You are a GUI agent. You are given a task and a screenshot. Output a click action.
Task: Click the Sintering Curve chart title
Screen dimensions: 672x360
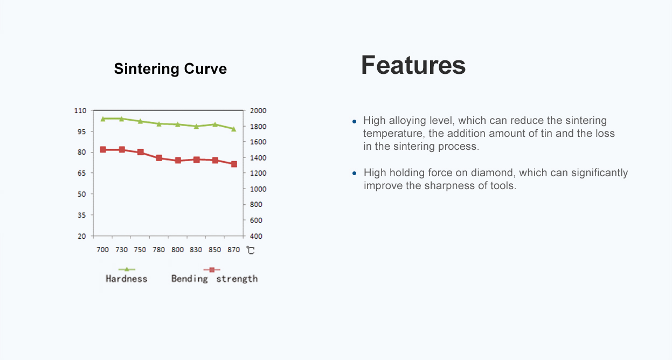(170, 69)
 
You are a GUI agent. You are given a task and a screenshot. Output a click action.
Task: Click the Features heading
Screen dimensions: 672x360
(413, 65)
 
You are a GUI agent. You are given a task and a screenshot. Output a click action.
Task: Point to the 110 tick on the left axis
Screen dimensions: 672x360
(80, 110)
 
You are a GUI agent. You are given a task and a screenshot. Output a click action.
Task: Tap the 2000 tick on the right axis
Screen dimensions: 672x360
(258, 110)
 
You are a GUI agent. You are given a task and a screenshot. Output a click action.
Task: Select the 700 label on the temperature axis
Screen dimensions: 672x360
(102, 250)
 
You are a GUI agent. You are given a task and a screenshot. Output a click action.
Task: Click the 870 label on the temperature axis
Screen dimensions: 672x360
(234, 250)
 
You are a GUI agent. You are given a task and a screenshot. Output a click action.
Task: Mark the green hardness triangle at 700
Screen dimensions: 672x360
(103, 119)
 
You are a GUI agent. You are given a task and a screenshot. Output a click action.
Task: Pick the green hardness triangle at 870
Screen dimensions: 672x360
(234, 129)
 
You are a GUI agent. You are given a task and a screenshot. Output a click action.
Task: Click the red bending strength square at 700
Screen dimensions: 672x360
(103, 149)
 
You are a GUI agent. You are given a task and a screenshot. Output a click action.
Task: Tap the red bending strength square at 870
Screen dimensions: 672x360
(234, 164)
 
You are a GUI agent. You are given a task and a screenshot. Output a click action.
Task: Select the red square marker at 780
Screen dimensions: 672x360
(159, 158)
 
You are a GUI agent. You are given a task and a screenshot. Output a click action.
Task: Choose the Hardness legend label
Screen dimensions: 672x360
(126, 279)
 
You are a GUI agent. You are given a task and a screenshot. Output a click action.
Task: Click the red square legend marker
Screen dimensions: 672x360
(212, 269)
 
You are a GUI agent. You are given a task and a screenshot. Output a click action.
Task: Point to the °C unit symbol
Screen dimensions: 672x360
(251, 250)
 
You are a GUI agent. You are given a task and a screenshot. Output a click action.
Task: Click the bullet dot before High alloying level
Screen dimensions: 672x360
(354, 121)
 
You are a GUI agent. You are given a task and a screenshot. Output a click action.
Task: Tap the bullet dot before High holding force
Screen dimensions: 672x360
(354, 173)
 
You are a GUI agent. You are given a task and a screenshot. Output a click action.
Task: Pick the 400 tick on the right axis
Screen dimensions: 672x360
(256, 237)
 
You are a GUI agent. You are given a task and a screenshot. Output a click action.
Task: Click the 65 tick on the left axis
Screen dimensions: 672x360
(81, 173)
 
